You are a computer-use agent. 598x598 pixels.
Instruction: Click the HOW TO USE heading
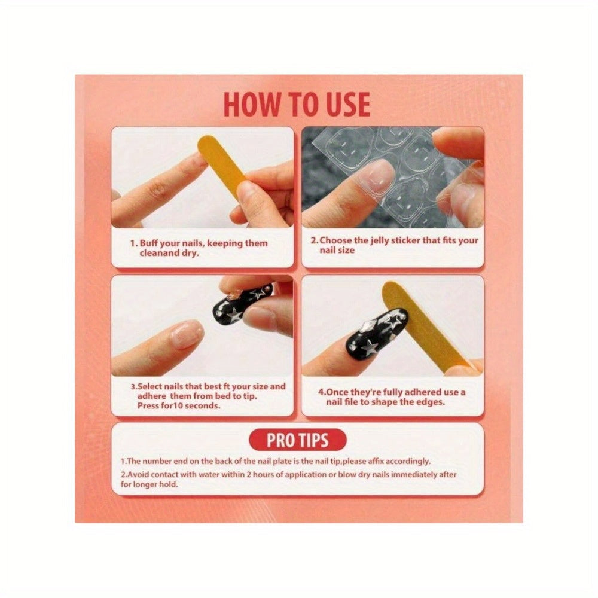[x=297, y=104]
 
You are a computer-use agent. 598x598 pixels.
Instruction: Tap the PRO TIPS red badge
[x=297, y=440]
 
